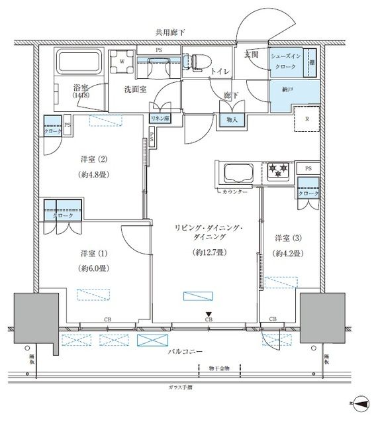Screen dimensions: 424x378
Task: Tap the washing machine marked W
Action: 122,64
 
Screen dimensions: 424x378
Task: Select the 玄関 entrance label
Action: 251,54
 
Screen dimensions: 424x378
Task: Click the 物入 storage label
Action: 232,120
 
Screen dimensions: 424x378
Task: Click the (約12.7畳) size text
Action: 208,252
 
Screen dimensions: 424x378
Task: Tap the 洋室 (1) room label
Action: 93,252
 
